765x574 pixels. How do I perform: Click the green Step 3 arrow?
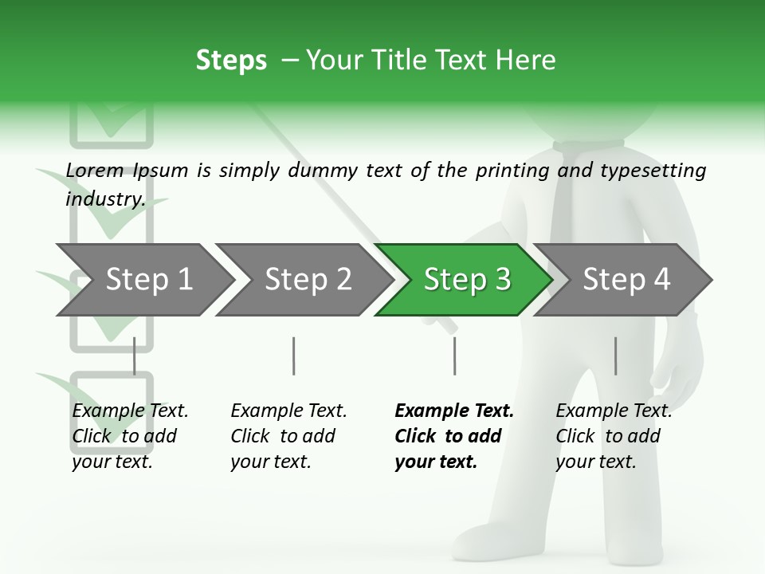[466, 280]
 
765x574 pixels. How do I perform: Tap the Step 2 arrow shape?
[308, 280]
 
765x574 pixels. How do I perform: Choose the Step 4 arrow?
[626, 280]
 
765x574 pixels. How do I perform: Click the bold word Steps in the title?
[231, 60]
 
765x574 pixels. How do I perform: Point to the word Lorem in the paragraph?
[95, 170]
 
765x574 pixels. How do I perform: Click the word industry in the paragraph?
[104, 199]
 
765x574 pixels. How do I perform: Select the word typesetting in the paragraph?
[653, 170]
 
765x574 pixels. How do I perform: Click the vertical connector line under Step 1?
[134, 356]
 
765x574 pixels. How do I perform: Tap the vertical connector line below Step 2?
[294, 356]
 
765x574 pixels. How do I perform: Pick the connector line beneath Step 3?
[454, 356]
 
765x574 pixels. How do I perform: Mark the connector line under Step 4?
[615, 356]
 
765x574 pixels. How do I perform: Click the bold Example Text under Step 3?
[454, 411]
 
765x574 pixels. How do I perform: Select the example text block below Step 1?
[130, 436]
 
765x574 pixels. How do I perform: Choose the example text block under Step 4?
[614, 436]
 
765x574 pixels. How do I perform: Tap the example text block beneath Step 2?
[288, 436]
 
